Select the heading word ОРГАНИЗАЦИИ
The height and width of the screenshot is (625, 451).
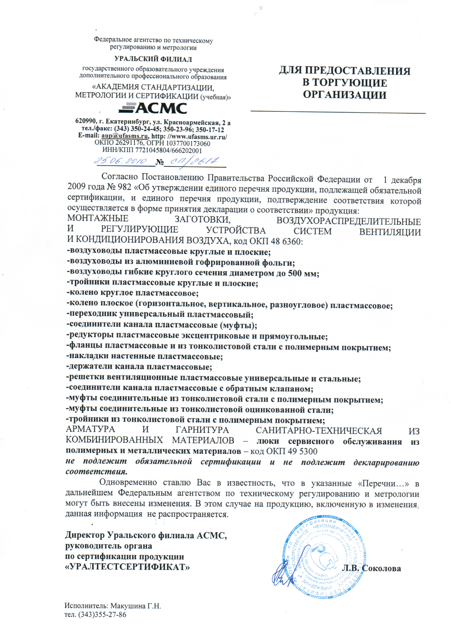click(345, 95)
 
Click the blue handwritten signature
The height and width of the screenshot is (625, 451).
click(283, 575)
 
